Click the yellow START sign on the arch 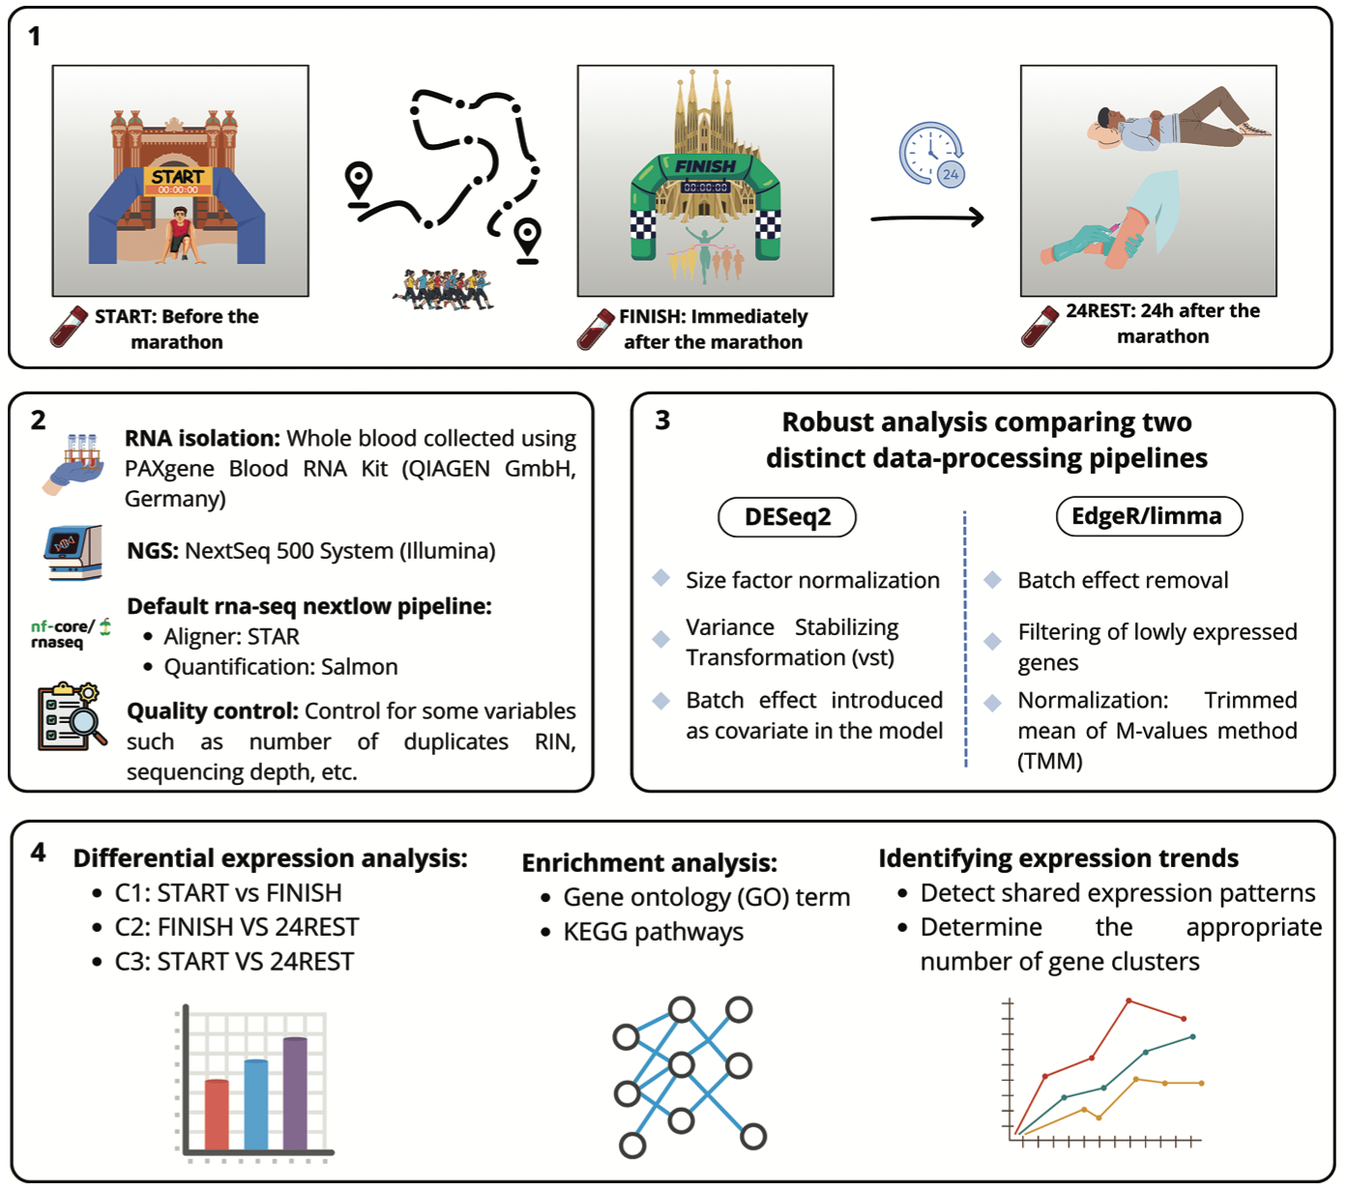pos(178,177)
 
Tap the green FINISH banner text pos(705,166)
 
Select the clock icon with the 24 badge pos(932,154)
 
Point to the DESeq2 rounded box pos(787,517)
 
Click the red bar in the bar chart pos(218,1114)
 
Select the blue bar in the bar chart pos(256,1104)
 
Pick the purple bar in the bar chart pos(295,1092)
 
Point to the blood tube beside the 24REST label pos(1040,326)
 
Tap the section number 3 pos(662,421)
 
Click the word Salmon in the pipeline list pos(360,667)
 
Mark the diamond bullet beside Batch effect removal pos(992,580)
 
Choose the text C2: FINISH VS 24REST pos(236,927)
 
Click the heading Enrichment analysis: pos(649,862)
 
